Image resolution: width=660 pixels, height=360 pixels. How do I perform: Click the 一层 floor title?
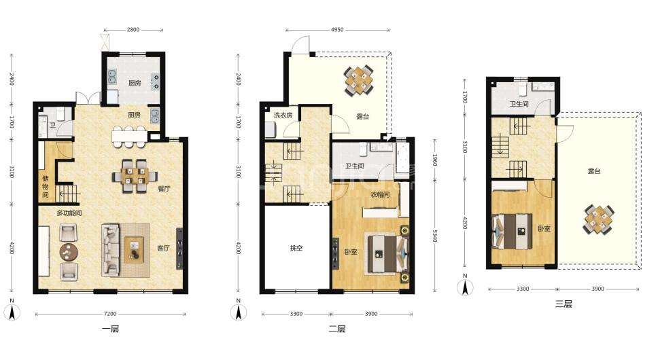click(x=111, y=329)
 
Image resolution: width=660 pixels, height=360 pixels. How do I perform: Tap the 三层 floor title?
click(x=563, y=304)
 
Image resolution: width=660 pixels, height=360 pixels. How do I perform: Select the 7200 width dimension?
click(x=110, y=314)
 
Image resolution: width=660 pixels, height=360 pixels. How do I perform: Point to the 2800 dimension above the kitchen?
click(x=133, y=30)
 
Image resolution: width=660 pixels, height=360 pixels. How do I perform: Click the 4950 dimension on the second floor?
click(x=337, y=30)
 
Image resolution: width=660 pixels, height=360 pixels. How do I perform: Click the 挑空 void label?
click(x=296, y=248)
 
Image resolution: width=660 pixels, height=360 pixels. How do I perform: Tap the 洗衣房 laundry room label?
click(x=283, y=115)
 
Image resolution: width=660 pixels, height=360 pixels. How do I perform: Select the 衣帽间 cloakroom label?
click(x=380, y=195)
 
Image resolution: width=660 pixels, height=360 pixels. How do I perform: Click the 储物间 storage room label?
click(x=45, y=186)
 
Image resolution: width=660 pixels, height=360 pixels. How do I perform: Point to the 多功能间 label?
click(x=69, y=213)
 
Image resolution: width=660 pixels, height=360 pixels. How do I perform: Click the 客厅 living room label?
click(x=163, y=248)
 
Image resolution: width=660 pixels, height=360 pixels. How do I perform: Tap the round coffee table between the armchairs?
click(x=69, y=252)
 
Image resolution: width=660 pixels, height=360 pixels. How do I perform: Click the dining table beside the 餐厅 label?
click(x=135, y=176)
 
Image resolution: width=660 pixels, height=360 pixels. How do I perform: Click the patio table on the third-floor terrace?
click(x=599, y=219)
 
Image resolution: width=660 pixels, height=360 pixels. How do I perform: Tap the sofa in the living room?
click(x=111, y=250)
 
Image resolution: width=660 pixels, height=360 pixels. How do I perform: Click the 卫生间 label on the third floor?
click(x=519, y=104)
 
